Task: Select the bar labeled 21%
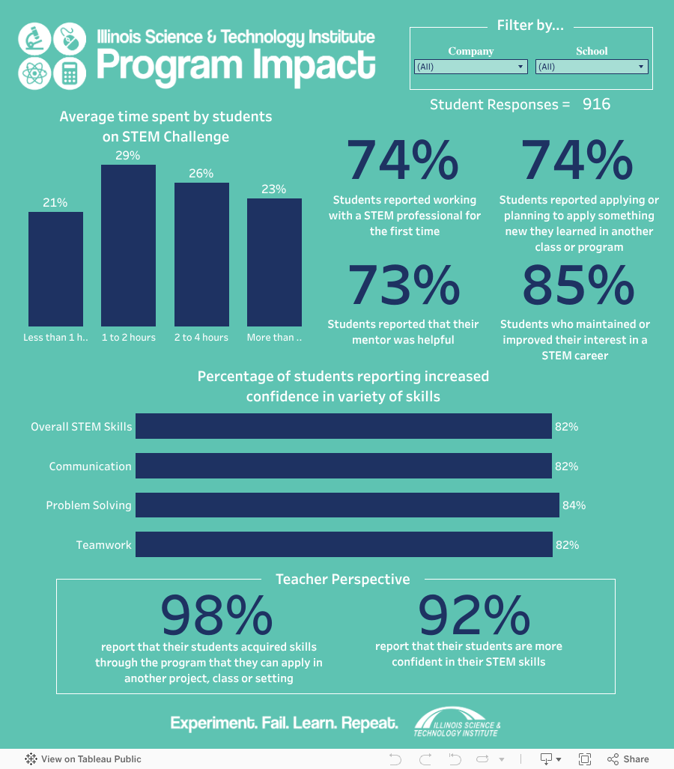click(55, 269)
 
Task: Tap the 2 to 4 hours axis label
click(201, 338)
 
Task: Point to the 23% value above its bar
click(273, 189)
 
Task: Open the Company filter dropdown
click(470, 67)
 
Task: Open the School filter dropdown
click(592, 67)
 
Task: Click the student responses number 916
click(596, 104)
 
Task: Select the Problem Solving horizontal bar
click(347, 505)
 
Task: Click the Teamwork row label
click(103, 545)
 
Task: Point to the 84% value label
click(574, 505)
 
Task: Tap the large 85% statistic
click(577, 286)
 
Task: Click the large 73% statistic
click(404, 286)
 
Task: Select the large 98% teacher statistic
click(216, 615)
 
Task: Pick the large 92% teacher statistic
click(473, 615)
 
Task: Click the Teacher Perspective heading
click(342, 580)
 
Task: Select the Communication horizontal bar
click(343, 466)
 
